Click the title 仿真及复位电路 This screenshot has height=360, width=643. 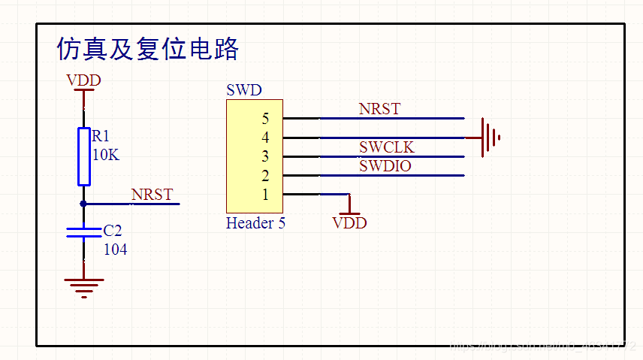pyautogui.click(x=148, y=49)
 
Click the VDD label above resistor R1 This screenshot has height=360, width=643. pyautogui.click(x=83, y=80)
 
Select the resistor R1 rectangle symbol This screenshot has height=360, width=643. pyautogui.click(x=83, y=156)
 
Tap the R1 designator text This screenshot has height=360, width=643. pyautogui.click(x=101, y=136)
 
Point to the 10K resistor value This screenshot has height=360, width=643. pyautogui.click(x=105, y=155)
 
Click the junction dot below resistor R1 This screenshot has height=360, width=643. pyautogui.click(x=83, y=204)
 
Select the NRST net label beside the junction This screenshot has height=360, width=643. pyautogui.click(x=152, y=195)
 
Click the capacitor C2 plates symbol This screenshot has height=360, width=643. pyautogui.click(x=83, y=231)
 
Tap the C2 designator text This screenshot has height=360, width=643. pyautogui.click(x=113, y=230)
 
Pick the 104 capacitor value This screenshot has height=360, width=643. pyautogui.click(x=115, y=250)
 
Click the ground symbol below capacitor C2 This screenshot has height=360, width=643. pyautogui.click(x=83, y=286)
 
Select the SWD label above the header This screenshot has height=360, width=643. pyautogui.click(x=243, y=91)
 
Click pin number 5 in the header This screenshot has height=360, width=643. pyautogui.click(x=265, y=119)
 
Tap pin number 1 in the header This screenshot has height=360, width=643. pyautogui.click(x=265, y=195)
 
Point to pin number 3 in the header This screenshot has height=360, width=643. pyautogui.click(x=265, y=156)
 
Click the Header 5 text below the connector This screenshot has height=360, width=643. pyautogui.click(x=255, y=223)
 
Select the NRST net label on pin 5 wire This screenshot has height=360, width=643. pyautogui.click(x=379, y=109)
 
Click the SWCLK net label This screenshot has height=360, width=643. pyautogui.click(x=386, y=147)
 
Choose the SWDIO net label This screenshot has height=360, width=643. pyautogui.click(x=385, y=166)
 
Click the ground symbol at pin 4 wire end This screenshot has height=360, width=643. pyautogui.click(x=490, y=138)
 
